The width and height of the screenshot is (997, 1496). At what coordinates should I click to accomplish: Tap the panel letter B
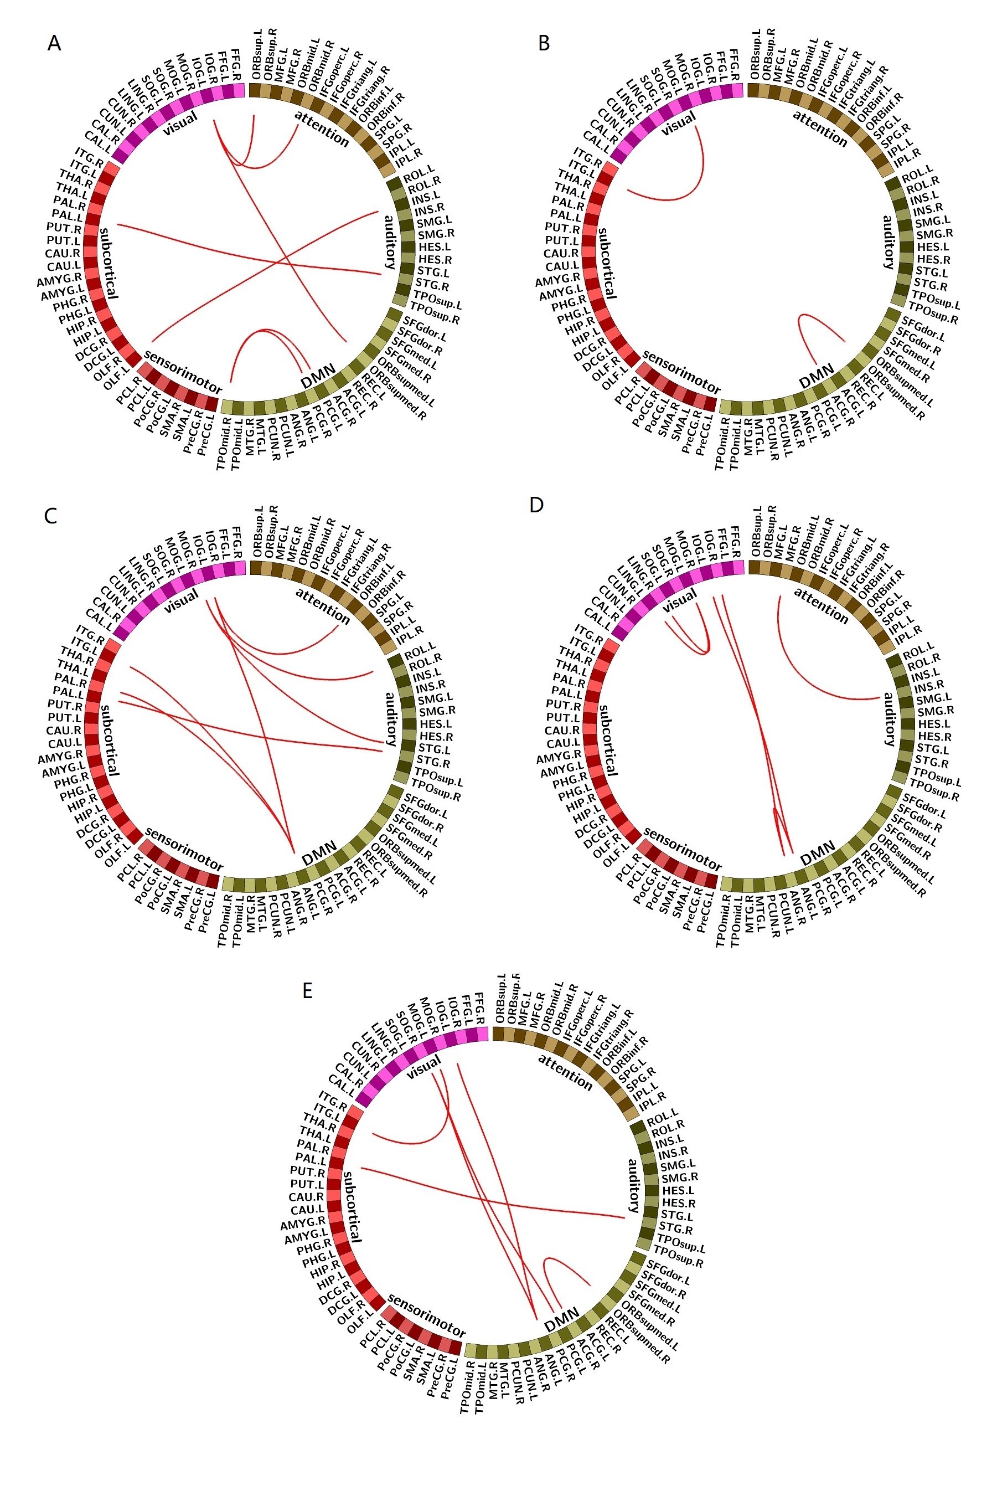pos(544,43)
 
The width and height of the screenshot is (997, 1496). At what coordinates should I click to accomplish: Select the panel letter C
pos(51,515)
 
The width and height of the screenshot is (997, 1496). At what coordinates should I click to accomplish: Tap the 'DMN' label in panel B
pos(817,376)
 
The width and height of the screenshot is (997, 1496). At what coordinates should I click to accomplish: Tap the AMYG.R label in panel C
pos(59,758)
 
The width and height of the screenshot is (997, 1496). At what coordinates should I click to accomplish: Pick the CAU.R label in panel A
pos(63,253)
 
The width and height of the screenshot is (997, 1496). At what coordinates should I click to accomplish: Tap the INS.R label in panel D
pos(929,686)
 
